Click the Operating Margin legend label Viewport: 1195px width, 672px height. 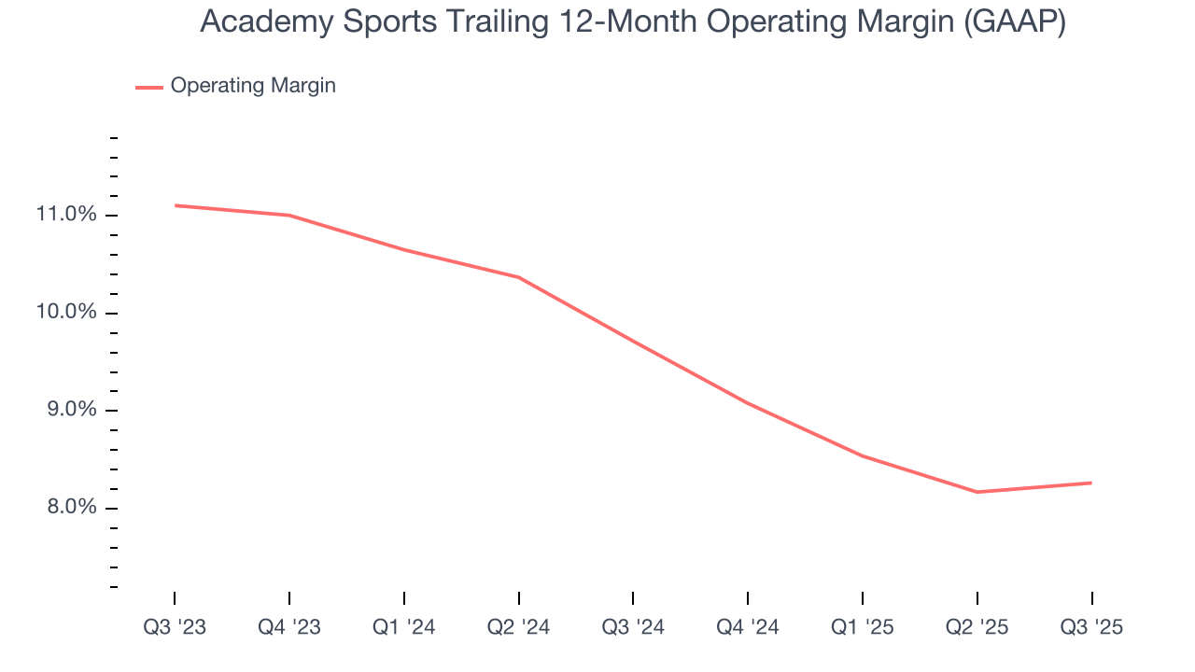coord(253,86)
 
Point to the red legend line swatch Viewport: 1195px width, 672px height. coord(149,87)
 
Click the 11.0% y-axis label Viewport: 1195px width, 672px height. coord(66,215)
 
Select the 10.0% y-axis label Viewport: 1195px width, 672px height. coord(66,312)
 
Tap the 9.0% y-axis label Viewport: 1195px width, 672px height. coord(70,410)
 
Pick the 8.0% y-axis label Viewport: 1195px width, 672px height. coord(70,508)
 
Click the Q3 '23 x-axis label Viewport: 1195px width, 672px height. coord(175,627)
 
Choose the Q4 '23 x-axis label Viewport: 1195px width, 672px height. coord(289,627)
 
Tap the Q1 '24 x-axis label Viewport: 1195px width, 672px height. coord(404,627)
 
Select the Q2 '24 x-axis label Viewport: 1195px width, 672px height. coord(519,627)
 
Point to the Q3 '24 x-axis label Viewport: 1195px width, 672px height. coord(633,627)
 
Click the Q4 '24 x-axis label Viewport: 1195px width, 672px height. coord(748,627)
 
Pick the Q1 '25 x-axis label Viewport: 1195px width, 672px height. coord(863,627)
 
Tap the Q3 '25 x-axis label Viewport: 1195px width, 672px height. coord(1091,627)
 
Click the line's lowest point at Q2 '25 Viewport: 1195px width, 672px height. coord(977,492)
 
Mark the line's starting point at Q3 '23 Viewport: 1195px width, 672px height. coord(176,205)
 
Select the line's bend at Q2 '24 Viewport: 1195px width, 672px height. coord(519,277)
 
